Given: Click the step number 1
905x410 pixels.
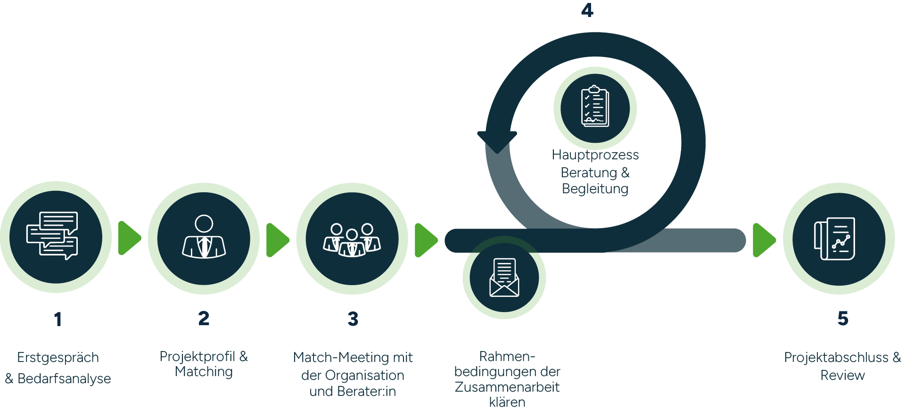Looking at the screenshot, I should pyautogui.click(x=58, y=319).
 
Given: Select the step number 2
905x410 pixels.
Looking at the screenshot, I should pyautogui.click(x=204, y=318).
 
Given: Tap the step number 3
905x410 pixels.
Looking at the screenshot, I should pyautogui.click(x=353, y=319).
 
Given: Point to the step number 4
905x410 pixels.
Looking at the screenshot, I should pyautogui.click(x=587, y=10).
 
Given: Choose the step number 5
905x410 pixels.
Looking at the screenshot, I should pyautogui.click(x=843, y=319).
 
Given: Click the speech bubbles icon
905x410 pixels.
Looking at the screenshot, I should pyautogui.click(x=52, y=236).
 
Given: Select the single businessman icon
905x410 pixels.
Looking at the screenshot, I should pyautogui.click(x=204, y=237).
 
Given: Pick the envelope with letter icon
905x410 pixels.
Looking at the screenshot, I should pyautogui.click(x=504, y=278).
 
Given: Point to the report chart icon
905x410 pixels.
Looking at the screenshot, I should pyautogui.click(x=834, y=238).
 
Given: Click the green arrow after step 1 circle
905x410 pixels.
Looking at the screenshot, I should pyautogui.click(x=129, y=238).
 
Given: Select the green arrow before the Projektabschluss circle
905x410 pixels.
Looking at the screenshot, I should pyautogui.click(x=764, y=240).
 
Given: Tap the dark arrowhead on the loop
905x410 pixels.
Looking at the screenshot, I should pyautogui.click(x=497, y=138).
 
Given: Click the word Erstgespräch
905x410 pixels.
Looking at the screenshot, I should pyautogui.click(x=58, y=357).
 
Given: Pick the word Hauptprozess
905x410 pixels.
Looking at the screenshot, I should pyautogui.click(x=595, y=155).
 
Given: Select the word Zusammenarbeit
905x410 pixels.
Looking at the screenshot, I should pyautogui.click(x=507, y=387).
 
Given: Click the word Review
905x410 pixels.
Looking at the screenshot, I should pyautogui.click(x=842, y=375).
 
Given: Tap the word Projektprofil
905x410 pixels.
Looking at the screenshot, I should pyautogui.click(x=197, y=356).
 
